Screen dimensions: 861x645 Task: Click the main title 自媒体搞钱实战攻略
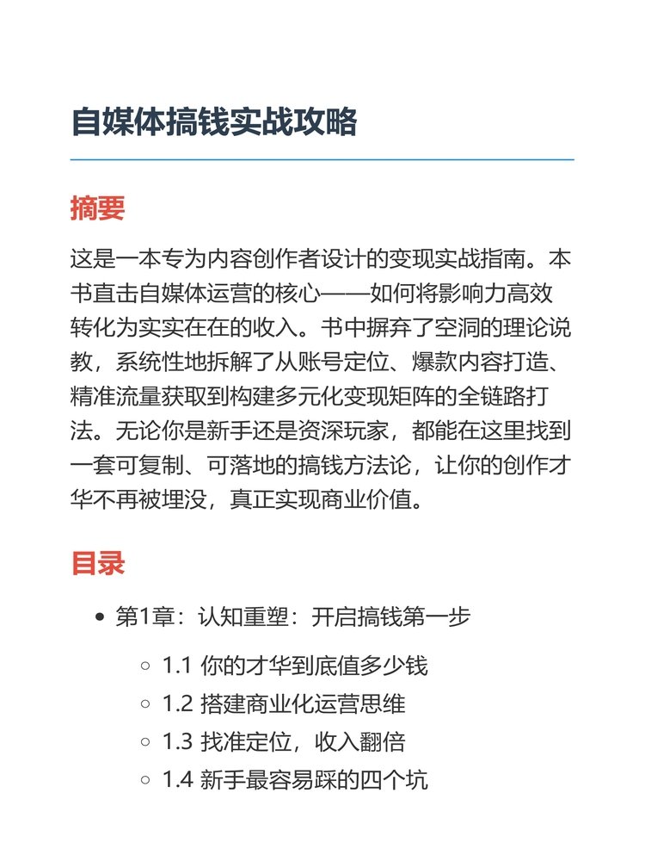[x=213, y=122]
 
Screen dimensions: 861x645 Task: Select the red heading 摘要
[x=97, y=208]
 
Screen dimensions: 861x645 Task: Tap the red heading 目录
[x=97, y=563]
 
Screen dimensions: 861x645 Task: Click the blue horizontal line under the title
[x=322, y=159]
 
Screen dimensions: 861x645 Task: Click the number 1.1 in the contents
[x=177, y=666]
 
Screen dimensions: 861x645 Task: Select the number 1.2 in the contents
[x=177, y=704]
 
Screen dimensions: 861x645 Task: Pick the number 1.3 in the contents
[x=177, y=742]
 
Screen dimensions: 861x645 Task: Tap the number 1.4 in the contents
[x=177, y=781]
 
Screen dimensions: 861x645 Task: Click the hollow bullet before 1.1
[x=145, y=666]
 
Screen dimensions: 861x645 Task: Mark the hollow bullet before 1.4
[x=145, y=781]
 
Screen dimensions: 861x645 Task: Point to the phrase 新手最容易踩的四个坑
[x=314, y=781]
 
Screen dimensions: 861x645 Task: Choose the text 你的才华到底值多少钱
[x=314, y=666]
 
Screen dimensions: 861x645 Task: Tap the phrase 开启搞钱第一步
[x=391, y=617]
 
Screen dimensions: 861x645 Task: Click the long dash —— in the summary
[x=346, y=293]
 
